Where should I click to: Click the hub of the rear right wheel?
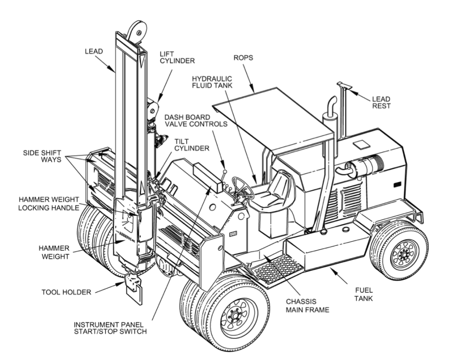coord(401,254)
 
